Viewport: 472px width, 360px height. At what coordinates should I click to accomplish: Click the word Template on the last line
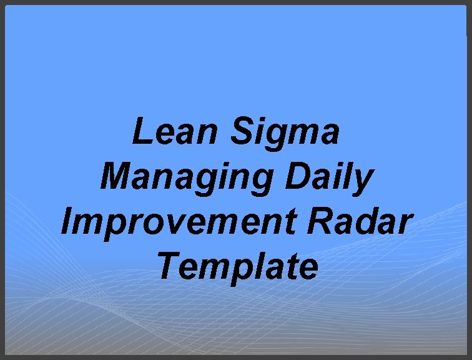coord(238,267)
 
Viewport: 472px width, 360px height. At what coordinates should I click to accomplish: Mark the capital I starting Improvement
coord(67,222)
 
